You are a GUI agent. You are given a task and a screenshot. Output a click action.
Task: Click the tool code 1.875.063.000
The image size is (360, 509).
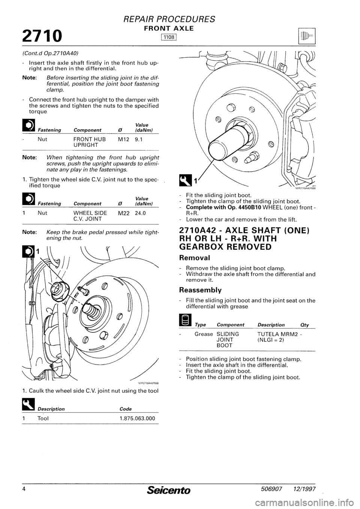point(136,418)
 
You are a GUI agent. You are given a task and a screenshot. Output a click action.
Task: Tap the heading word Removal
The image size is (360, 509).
point(197,258)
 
